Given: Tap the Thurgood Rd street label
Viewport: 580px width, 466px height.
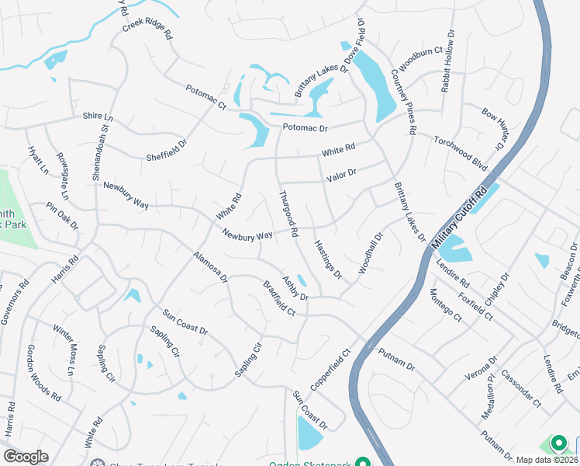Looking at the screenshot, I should [x=288, y=214].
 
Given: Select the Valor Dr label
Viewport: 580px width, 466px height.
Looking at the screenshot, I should [x=341, y=176].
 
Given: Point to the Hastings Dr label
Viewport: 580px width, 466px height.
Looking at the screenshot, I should [x=328, y=258].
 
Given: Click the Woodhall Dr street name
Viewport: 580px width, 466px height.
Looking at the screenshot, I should [x=371, y=254].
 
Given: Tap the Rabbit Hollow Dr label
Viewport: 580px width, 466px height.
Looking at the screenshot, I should [x=447, y=62].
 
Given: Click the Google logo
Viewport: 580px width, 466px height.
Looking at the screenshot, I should [x=26, y=457].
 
